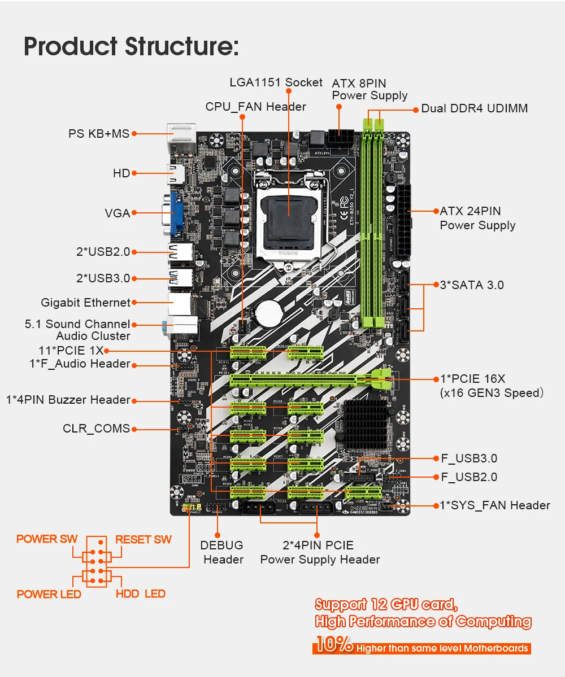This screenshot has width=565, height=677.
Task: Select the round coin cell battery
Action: coord(268,312)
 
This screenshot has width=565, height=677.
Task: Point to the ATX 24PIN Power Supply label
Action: coord(477,218)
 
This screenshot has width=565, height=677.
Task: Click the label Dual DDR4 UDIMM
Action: coord(474,108)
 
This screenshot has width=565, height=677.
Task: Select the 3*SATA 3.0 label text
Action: coord(471,285)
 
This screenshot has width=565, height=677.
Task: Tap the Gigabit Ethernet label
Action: coord(85,303)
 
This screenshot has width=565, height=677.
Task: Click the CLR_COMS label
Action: coord(96,429)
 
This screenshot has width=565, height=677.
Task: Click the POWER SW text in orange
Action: coord(47,539)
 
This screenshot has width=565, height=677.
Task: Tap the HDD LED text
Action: coord(140,593)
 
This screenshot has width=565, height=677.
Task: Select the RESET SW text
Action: coord(144,539)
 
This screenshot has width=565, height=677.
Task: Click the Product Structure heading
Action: coord(131,46)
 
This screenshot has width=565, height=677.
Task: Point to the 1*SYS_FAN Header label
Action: coord(495,505)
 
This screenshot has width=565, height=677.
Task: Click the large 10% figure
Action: coord(333,645)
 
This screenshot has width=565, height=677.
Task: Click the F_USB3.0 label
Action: coord(469,458)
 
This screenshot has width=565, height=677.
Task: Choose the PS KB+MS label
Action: coord(99,134)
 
